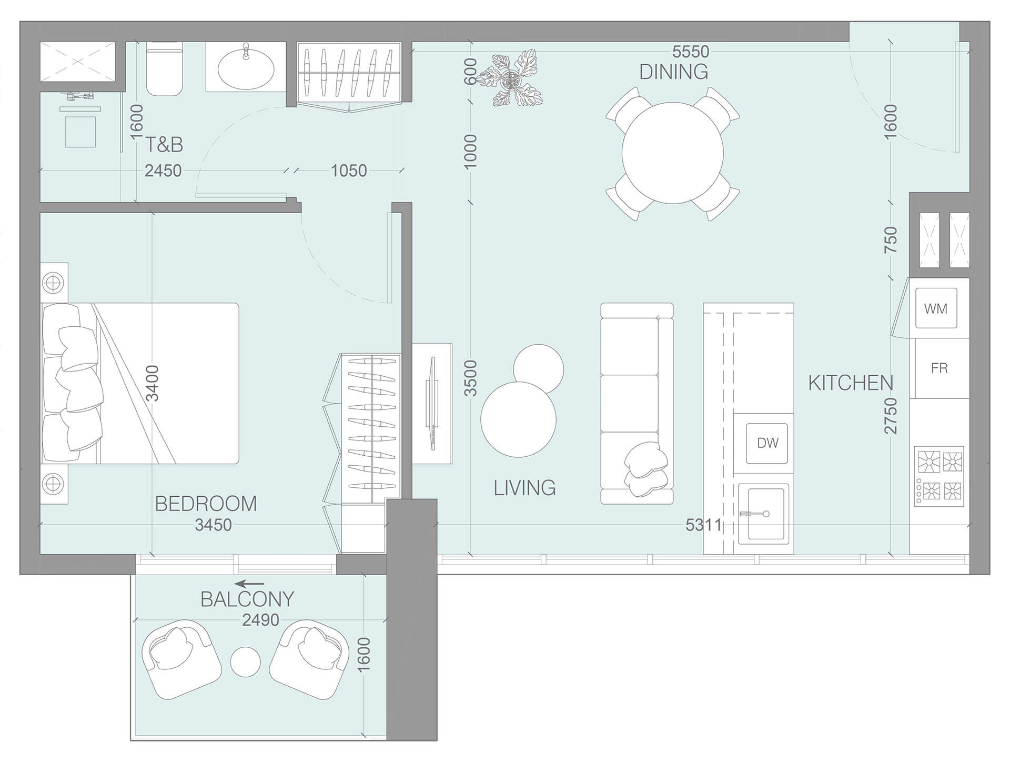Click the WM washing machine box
(x=935, y=308)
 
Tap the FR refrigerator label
(x=939, y=368)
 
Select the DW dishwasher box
(x=767, y=443)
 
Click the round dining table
(x=672, y=153)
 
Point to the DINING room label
(x=673, y=72)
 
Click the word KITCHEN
(x=851, y=383)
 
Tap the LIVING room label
(x=524, y=488)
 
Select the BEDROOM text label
(x=206, y=504)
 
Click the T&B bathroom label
(x=164, y=145)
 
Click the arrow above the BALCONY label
(x=249, y=584)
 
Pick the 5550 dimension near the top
(x=691, y=52)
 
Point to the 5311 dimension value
(x=703, y=525)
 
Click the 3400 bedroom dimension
(x=152, y=383)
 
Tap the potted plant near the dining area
(x=509, y=79)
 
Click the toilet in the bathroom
(x=164, y=69)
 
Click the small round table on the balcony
(x=246, y=661)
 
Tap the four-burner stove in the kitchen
(x=939, y=476)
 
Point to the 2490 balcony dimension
(x=260, y=620)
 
